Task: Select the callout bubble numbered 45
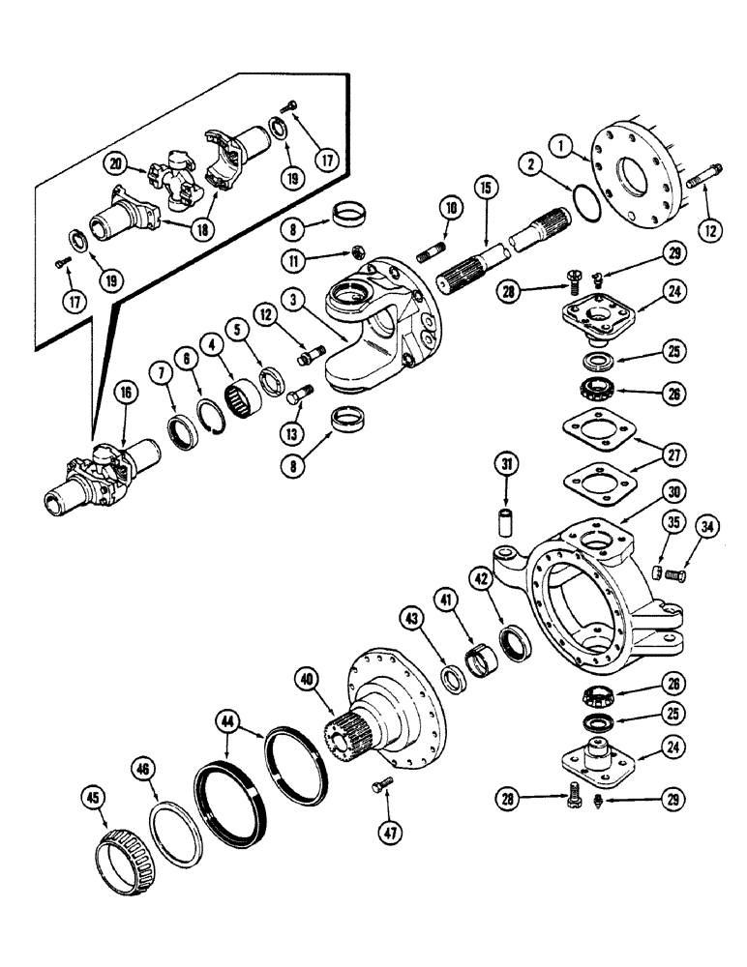click(92, 797)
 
